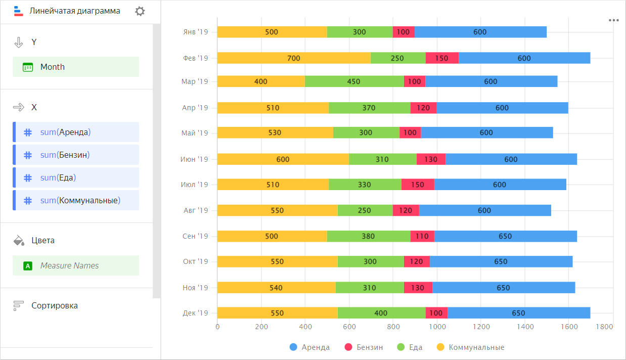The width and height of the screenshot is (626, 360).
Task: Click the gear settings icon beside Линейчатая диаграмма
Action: click(140, 11)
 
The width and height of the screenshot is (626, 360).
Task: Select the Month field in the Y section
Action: click(76, 67)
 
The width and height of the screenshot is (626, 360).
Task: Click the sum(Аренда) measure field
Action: click(76, 132)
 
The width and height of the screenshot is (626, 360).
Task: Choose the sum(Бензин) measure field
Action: click(76, 155)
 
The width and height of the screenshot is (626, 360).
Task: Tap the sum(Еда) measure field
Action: click(76, 178)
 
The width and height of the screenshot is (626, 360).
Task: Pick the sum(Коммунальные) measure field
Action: click(76, 201)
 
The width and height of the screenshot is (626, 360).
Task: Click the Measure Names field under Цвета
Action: click(76, 265)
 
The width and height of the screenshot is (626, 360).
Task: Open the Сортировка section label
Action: click(54, 305)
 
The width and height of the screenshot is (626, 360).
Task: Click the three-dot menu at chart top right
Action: click(614, 20)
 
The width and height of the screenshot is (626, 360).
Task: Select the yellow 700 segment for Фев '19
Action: click(293, 58)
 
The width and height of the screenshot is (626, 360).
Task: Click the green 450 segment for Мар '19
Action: click(354, 81)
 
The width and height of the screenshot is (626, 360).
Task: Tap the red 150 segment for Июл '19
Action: click(418, 185)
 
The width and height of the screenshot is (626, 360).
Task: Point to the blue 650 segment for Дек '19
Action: click(518, 313)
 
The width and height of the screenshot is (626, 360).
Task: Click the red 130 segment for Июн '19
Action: click(431, 159)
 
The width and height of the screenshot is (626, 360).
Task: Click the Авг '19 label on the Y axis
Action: click(195, 210)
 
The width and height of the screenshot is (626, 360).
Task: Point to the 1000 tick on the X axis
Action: click(437, 327)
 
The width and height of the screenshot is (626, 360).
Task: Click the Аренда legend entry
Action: click(309, 347)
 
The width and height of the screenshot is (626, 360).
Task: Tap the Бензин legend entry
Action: click(364, 347)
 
